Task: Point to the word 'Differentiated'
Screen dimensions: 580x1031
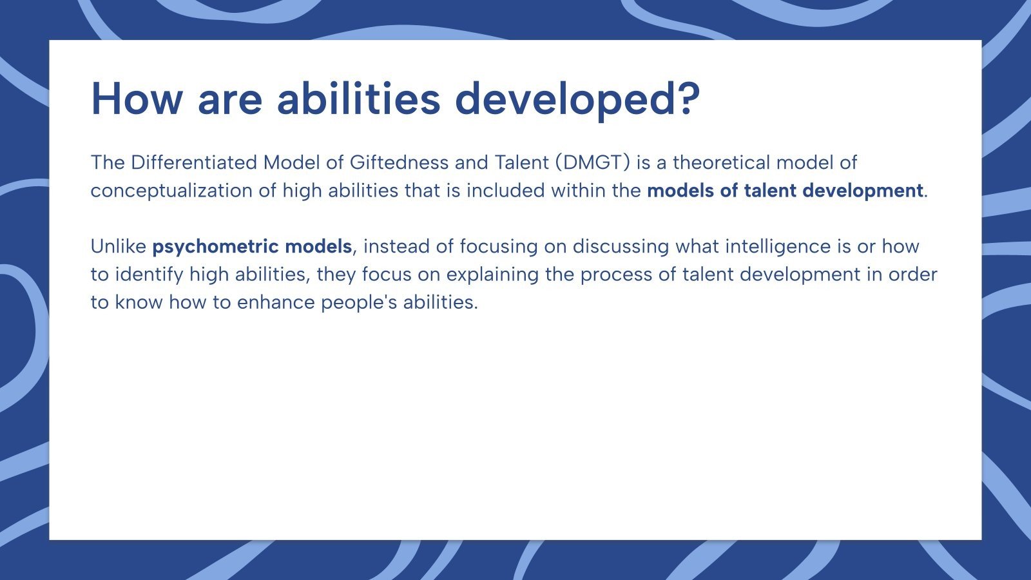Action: [193, 162]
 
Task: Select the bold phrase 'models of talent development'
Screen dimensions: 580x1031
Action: [785, 191]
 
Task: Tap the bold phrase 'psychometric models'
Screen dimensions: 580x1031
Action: [252, 246]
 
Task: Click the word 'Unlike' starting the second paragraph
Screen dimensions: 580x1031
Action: [119, 246]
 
